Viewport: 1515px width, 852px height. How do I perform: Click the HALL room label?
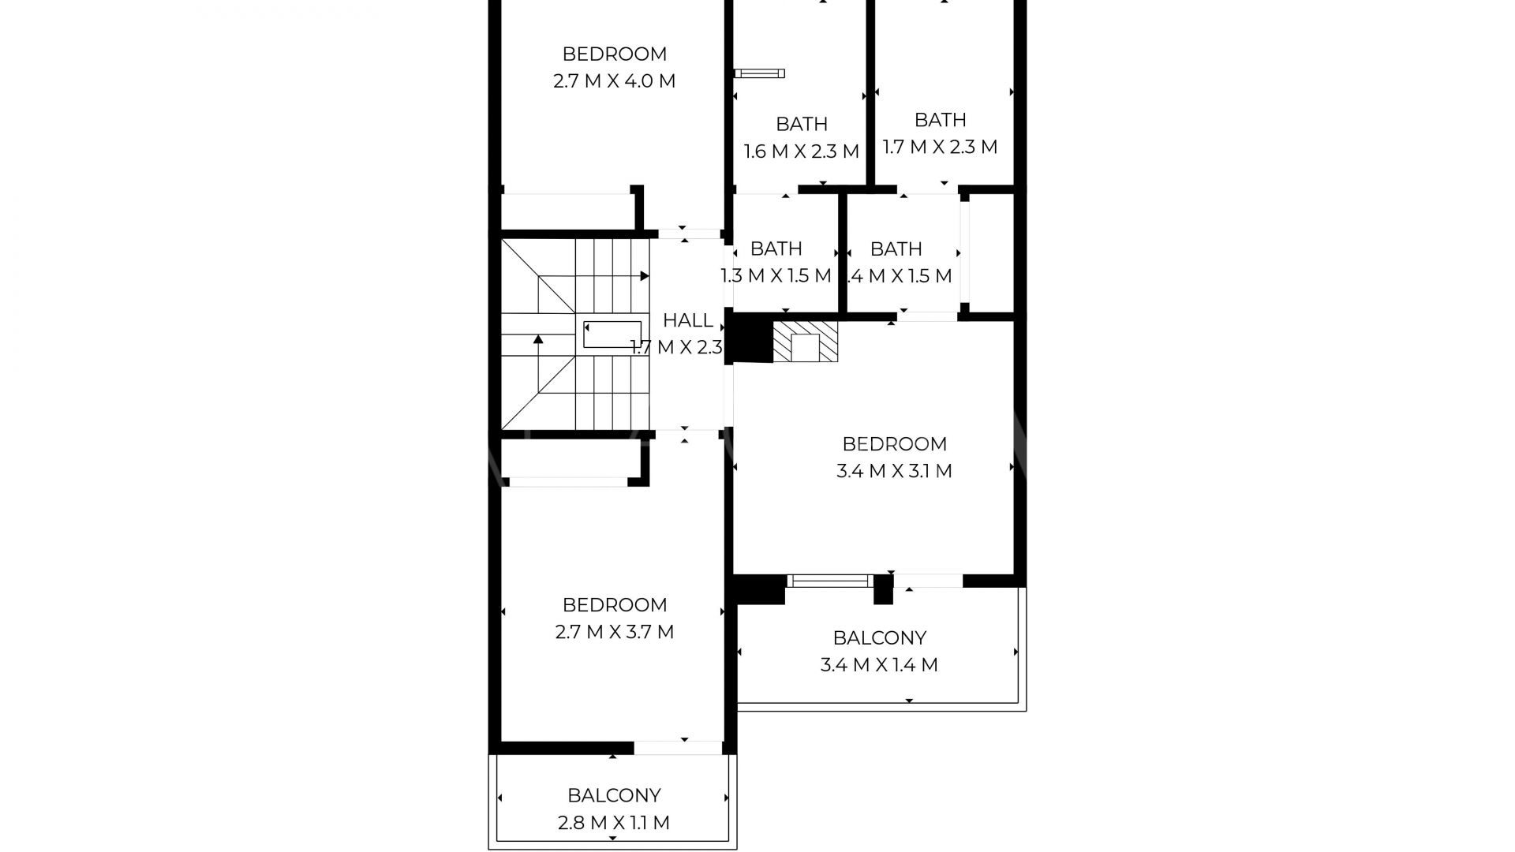tap(687, 320)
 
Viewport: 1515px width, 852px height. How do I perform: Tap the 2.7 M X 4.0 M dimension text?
tap(614, 81)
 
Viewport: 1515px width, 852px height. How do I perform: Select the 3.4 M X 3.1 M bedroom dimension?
tap(893, 471)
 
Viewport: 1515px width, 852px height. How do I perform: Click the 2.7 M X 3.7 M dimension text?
tap(614, 632)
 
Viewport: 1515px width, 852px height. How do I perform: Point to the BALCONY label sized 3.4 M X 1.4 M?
tap(879, 637)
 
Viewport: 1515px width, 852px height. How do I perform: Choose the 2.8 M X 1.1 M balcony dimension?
tap(613, 823)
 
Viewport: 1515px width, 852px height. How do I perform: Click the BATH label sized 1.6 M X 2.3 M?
tap(801, 124)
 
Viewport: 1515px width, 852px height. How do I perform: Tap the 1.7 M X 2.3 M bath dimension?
tap(939, 147)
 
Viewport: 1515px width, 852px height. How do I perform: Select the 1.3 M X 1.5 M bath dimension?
tap(776, 276)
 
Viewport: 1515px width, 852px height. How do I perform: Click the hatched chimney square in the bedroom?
tap(805, 342)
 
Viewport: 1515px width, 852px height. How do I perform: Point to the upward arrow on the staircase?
tap(538, 340)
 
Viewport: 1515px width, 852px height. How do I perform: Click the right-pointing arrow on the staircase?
tap(644, 276)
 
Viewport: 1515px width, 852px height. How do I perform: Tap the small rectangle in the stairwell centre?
tap(612, 334)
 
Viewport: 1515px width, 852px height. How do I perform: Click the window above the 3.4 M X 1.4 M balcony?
tap(829, 581)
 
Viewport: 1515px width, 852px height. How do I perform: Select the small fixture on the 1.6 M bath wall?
tap(759, 73)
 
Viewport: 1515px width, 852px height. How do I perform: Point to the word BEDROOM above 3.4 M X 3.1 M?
tap(893, 444)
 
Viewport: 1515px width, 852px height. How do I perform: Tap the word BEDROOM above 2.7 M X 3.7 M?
tap(614, 605)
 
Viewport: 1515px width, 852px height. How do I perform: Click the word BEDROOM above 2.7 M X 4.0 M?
tap(614, 54)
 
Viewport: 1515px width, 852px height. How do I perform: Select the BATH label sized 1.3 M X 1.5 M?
tap(776, 249)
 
